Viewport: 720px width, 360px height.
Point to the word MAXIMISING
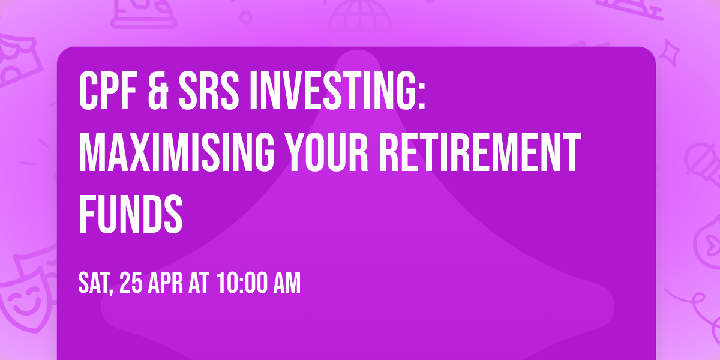(x=175, y=154)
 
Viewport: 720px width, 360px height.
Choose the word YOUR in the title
(x=319, y=154)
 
